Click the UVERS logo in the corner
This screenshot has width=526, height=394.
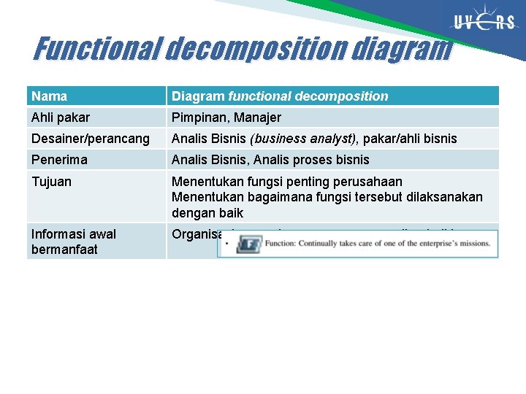point(484,23)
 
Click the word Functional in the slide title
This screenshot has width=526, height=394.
point(98,50)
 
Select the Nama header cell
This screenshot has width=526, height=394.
point(50,96)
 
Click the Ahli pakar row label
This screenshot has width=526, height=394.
point(61,117)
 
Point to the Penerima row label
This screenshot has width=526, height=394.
point(59,160)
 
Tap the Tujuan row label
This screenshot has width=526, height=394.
point(51,182)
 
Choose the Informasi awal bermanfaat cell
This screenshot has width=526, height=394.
point(73,242)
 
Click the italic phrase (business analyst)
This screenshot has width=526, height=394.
point(313,139)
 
